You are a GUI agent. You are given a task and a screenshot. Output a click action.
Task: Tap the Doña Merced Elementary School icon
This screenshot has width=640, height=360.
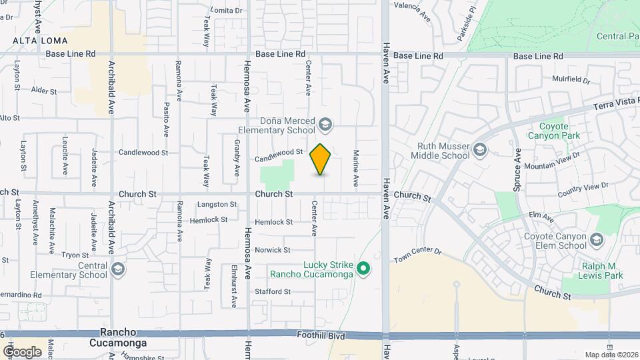(325, 124)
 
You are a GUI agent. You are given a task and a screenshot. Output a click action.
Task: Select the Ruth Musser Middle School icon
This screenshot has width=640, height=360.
(480, 151)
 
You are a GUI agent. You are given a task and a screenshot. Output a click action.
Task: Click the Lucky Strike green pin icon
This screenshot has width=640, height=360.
(363, 269)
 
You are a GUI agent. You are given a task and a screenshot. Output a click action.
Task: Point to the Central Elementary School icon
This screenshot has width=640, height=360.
(118, 269)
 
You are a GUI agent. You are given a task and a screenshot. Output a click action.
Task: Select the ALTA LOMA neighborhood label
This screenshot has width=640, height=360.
(39, 41)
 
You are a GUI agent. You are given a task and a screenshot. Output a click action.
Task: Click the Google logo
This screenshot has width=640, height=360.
(22, 351)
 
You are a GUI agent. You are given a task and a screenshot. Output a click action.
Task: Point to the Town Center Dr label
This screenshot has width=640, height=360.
(418, 254)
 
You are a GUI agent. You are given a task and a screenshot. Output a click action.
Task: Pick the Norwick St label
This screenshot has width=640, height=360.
(273, 250)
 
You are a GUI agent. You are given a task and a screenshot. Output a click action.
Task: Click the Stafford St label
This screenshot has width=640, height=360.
(273, 291)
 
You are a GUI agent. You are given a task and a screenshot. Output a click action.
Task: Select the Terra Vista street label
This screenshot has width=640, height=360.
(617, 105)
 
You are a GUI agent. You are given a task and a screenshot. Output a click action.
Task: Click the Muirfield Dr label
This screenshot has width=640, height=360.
(571, 80)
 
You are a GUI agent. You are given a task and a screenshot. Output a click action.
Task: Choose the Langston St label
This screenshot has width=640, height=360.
(217, 205)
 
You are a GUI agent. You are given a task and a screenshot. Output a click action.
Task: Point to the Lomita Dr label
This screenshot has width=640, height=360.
(226, 11)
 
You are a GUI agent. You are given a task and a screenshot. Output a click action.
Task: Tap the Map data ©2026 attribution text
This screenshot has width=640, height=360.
(610, 355)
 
